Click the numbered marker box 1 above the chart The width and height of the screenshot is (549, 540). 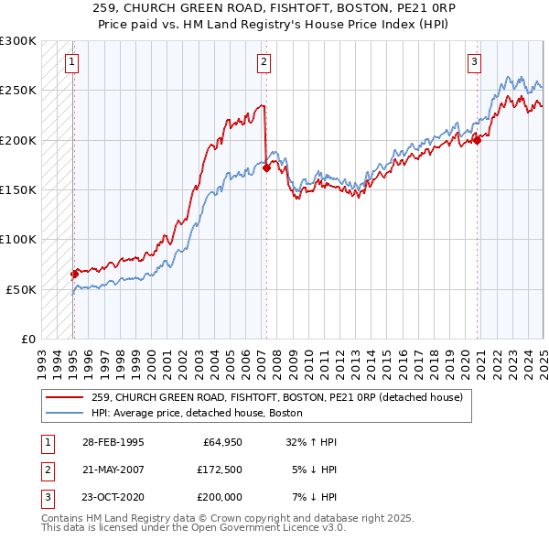71,62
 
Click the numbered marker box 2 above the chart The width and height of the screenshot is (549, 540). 264,62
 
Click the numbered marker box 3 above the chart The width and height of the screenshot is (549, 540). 475,62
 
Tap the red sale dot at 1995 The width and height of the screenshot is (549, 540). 74,274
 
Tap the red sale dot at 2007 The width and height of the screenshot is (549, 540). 266,167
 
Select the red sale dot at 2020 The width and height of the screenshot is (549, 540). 477,140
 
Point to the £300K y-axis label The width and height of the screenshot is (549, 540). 18,41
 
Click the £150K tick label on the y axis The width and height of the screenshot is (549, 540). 18,189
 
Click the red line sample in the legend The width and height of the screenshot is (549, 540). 64,397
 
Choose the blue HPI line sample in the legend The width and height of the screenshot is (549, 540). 64,413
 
